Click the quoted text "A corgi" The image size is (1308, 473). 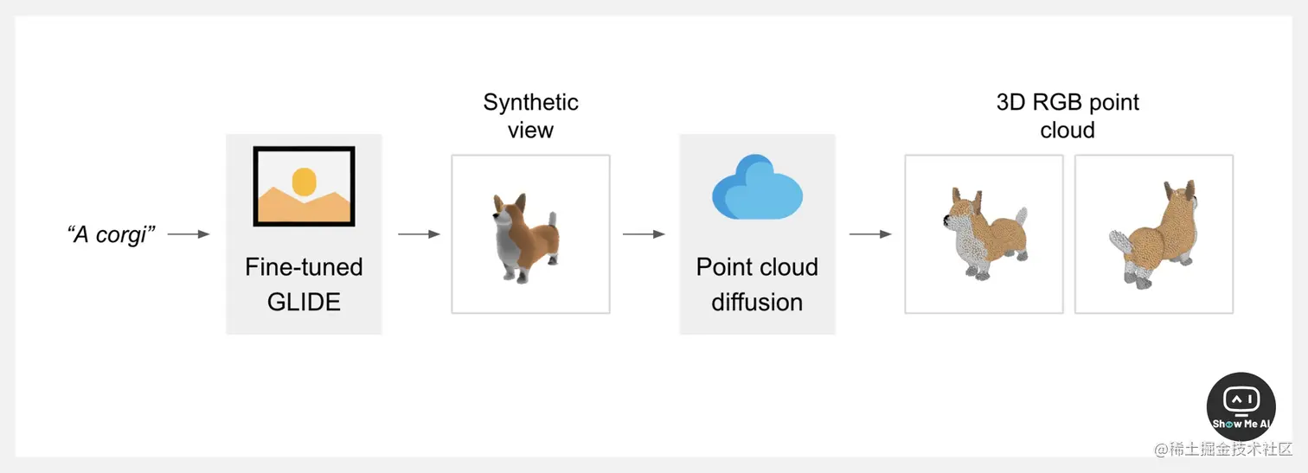click(111, 234)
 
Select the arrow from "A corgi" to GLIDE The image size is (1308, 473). click(189, 234)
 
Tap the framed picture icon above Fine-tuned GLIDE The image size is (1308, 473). click(304, 186)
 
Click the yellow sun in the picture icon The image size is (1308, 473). click(304, 182)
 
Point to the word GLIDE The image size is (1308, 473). click(304, 302)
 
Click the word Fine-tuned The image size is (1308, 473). click(304, 267)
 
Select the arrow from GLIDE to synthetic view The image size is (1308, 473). click(419, 234)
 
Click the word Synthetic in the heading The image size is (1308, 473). click(530, 102)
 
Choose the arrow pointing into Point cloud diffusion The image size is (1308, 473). click(644, 234)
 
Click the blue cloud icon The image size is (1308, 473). click(757, 187)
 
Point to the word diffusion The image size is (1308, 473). click(757, 302)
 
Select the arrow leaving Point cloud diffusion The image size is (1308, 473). click(870, 234)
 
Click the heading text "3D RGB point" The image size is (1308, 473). click(1068, 102)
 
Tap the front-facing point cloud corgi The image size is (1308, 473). click(985, 233)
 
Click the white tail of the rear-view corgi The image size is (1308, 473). click(1120, 242)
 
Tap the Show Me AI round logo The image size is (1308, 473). click(1241, 407)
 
